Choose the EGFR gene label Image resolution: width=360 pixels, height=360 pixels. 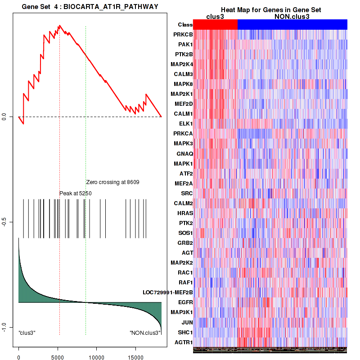click(x=184, y=303)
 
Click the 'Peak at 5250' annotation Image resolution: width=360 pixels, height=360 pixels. click(x=76, y=193)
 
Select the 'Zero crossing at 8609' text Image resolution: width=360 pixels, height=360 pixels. click(x=112, y=182)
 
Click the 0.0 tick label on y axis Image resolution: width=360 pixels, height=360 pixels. click(x=4, y=117)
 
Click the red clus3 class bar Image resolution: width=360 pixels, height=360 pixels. click(x=215, y=25)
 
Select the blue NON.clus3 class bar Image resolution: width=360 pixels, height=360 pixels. click(x=292, y=25)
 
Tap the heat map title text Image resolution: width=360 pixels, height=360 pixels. click(x=270, y=10)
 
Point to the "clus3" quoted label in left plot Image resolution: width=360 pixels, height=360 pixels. click(x=27, y=333)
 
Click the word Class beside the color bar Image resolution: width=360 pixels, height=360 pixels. click(x=185, y=25)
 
